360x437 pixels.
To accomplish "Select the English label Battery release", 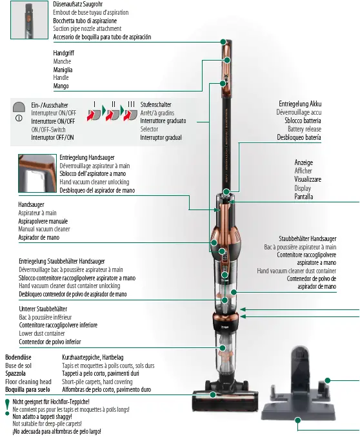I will (299, 129).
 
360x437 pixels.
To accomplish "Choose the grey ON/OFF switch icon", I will (19, 106).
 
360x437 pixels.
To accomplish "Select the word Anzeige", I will (303, 162).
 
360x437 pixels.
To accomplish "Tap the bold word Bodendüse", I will (19, 356).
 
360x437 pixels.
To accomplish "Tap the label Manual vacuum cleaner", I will (45, 229).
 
